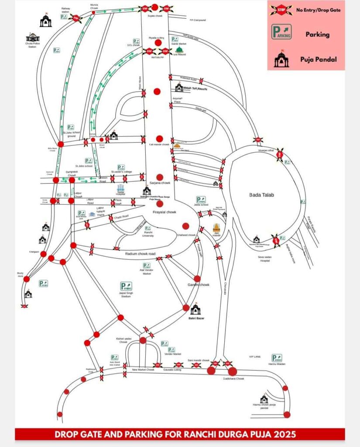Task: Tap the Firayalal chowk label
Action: [x=164, y=212]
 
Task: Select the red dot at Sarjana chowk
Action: [x=160, y=178]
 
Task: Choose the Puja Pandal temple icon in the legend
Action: [x=281, y=58]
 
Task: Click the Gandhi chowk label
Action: [x=199, y=285]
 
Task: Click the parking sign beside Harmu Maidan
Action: [x=276, y=358]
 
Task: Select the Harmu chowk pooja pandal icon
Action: [x=264, y=399]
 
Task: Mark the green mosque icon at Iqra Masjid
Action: [x=178, y=49]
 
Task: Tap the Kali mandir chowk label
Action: [x=159, y=144]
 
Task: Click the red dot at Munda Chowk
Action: [x=93, y=13]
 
